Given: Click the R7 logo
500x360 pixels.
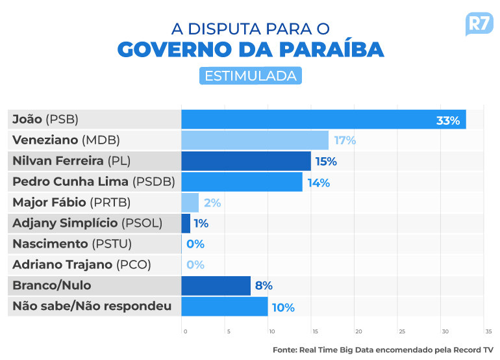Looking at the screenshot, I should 479,25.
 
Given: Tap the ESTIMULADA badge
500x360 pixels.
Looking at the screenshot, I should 251,76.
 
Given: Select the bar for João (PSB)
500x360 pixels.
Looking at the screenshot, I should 323,120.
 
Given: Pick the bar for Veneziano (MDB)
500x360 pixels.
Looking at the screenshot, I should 255,140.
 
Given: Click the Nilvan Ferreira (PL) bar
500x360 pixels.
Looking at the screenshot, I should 246,161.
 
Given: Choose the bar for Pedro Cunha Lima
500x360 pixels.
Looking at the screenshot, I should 242,182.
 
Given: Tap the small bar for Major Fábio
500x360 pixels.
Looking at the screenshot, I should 190,203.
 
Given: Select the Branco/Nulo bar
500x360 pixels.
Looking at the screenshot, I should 216,285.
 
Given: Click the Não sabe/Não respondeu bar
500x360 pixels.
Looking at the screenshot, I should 224,306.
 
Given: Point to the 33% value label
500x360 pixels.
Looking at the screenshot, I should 448,120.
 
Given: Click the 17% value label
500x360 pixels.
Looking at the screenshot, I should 345,140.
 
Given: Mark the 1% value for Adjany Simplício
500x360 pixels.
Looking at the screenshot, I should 201,224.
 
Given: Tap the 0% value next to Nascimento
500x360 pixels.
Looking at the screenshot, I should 195,244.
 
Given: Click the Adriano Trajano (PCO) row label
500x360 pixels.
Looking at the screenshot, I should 82,264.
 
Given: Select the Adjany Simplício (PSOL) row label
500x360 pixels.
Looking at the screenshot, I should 87,224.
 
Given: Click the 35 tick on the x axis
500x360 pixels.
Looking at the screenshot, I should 488,331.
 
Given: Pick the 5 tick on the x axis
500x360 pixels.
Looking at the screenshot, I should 229,331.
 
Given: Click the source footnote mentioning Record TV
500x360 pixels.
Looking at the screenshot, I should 383,350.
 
